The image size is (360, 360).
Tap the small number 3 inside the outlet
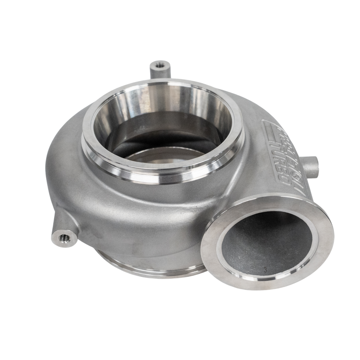pos(265,270)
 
